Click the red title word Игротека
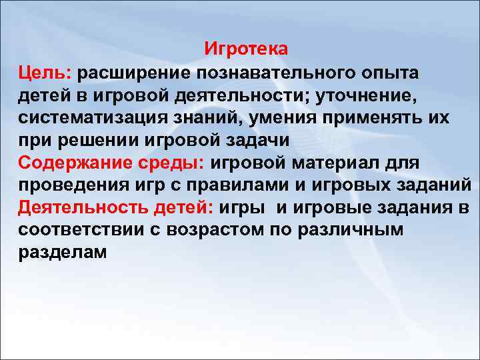246,49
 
